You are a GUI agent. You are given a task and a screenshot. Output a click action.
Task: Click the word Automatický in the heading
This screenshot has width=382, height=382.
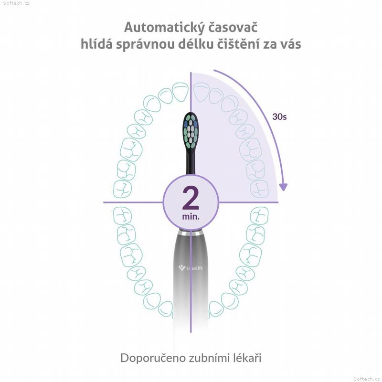coord(164,28)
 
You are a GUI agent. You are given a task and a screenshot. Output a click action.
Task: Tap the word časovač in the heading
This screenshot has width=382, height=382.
coord(233,27)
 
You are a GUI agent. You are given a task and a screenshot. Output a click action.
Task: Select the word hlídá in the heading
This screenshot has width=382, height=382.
coord(96,44)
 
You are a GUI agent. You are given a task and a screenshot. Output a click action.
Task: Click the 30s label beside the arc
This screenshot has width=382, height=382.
coord(279,117)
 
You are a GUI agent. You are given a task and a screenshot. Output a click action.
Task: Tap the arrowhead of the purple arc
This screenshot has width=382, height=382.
coord(283,187)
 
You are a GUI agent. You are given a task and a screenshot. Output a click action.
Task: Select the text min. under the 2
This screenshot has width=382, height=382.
coord(191,216)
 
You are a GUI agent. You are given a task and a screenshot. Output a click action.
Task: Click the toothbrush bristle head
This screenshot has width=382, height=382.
coord(191,130)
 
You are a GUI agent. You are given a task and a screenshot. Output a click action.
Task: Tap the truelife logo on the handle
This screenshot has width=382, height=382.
coord(191,268)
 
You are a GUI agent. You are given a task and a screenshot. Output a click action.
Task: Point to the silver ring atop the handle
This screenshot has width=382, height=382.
coord(191,233)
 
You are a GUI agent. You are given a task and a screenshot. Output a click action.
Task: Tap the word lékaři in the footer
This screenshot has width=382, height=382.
coord(247,358)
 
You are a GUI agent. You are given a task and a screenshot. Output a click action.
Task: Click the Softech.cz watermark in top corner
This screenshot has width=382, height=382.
coord(16,3)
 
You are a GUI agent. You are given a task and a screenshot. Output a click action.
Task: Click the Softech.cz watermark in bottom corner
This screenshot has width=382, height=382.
coord(366,379)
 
